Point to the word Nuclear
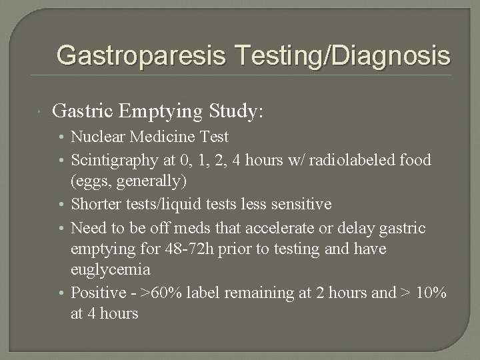tap(95, 137)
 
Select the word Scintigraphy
tap(111, 160)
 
